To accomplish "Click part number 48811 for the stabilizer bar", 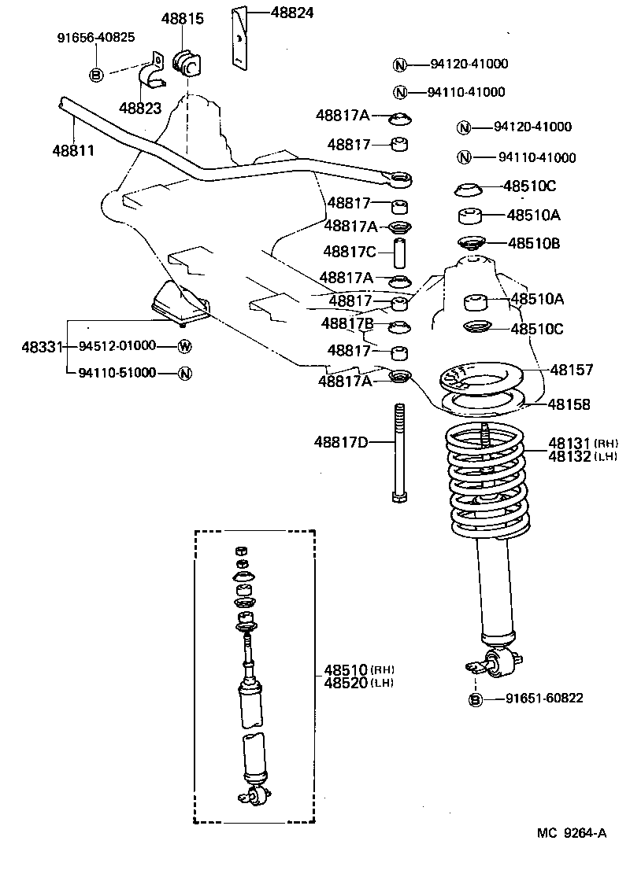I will click(x=73, y=149).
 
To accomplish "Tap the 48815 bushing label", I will click(x=183, y=19).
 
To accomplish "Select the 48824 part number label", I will click(x=293, y=12).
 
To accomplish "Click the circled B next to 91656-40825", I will click(x=96, y=75).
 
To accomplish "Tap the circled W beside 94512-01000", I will click(x=184, y=346).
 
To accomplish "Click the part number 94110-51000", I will click(x=117, y=374).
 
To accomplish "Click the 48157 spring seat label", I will click(x=571, y=369).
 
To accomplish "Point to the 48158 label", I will click(x=569, y=404).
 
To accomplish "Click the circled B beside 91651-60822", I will click(x=476, y=699).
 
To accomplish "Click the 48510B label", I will click(x=533, y=244).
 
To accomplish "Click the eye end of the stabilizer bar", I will click(x=402, y=181).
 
